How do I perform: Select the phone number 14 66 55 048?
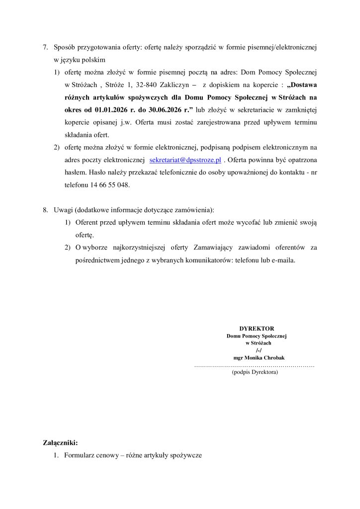110,184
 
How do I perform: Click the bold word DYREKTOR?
257,329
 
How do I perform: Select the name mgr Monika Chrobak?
256,358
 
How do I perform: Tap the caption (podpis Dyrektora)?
255,372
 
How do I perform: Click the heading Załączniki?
61,442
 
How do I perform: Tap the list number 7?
45,48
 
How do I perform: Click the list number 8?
45,210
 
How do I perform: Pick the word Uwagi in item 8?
63,210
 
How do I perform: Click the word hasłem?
75,172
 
